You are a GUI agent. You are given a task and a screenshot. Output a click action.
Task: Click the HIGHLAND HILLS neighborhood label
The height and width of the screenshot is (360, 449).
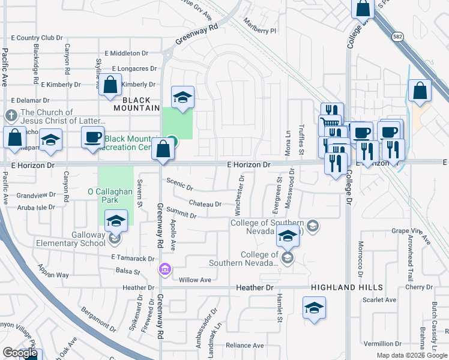[x=342, y=288]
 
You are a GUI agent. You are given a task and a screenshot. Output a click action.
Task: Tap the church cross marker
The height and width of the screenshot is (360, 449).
[x=11, y=115]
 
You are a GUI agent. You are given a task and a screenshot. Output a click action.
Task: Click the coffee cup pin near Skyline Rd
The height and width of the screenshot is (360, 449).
[x=93, y=137]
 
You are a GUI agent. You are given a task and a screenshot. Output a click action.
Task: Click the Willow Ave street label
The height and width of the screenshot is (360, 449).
[x=195, y=280]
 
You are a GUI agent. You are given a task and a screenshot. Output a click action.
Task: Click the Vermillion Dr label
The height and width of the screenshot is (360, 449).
[x=382, y=344]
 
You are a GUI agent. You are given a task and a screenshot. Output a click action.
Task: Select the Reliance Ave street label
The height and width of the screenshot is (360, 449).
[x=244, y=346]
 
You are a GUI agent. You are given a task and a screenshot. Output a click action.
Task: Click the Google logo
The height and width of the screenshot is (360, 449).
[x=20, y=353]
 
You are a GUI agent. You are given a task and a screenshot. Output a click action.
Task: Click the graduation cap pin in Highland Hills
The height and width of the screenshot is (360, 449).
[x=313, y=310]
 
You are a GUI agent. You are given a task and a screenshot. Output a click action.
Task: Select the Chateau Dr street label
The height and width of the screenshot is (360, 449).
[x=205, y=204]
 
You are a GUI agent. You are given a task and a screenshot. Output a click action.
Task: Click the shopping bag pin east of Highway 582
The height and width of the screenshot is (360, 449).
[x=420, y=91]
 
